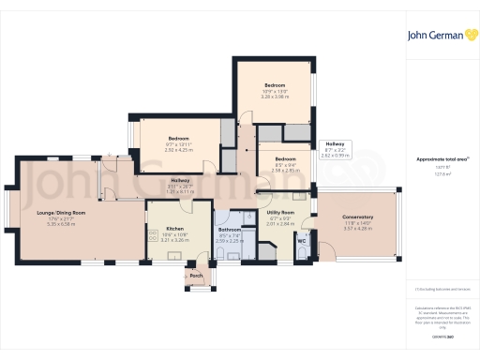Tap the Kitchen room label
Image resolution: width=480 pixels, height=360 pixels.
pos(175,229)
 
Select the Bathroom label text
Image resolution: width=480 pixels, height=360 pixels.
pos(230,230)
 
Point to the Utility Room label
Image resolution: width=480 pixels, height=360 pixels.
pos(280,213)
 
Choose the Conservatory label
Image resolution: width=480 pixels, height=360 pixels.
pos(358,217)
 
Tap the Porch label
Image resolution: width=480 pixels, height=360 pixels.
pos(196,276)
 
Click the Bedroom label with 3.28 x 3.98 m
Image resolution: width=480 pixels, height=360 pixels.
pos(274,84)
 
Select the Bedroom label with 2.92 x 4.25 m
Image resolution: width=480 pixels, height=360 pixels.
pos(178,137)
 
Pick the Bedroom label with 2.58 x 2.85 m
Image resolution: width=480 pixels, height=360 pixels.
pos(285,159)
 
